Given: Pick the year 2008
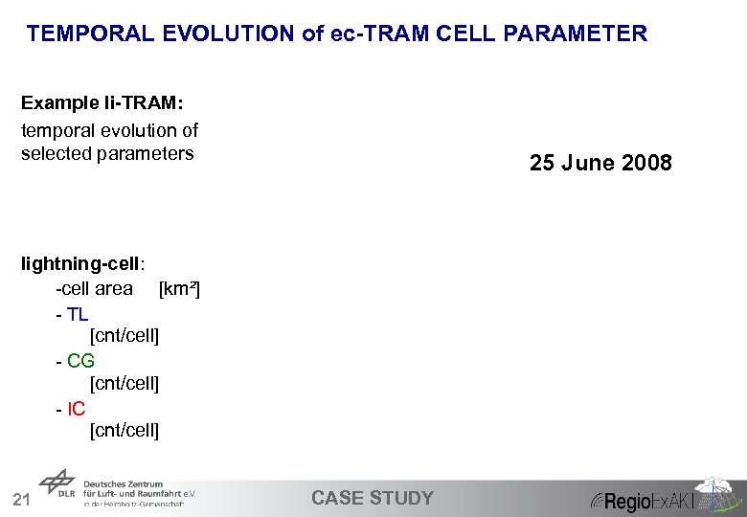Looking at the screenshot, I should [x=646, y=164].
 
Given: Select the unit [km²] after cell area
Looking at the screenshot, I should [x=179, y=288].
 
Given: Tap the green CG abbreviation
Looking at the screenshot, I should [x=80, y=361].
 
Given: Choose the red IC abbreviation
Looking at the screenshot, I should [x=76, y=409].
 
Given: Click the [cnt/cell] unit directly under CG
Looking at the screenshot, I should [x=124, y=384].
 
